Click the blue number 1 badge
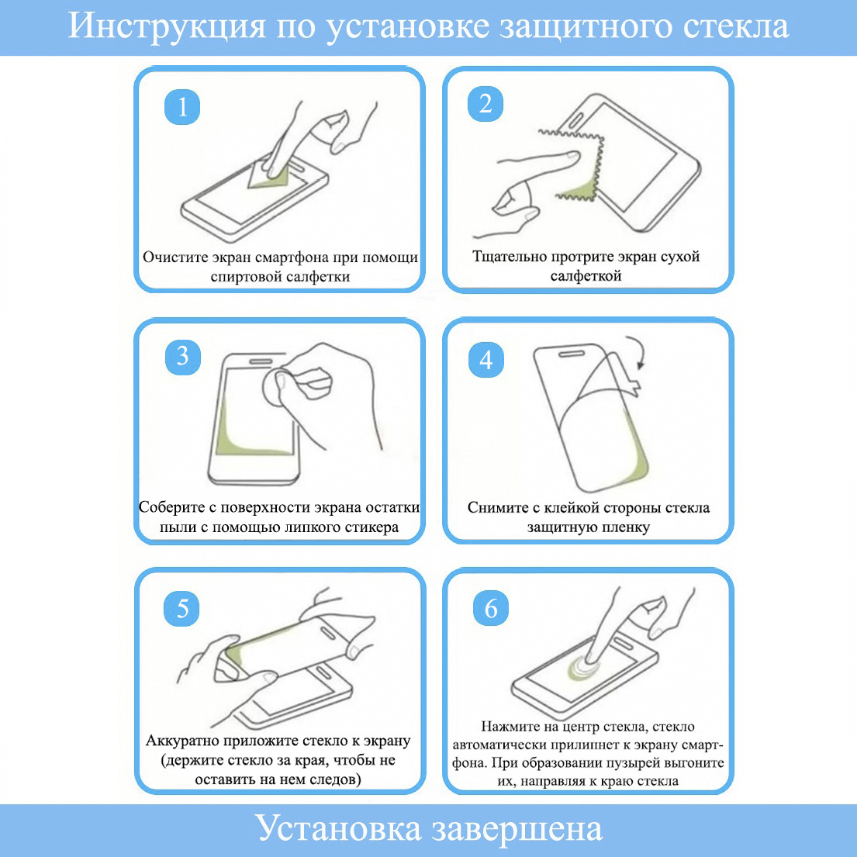click(x=182, y=107)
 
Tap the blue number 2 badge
click(x=486, y=104)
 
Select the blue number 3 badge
click(x=183, y=357)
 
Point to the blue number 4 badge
click(x=486, y=360)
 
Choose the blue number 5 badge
click(x=182, y=608)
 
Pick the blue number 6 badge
click(x=491, y=608)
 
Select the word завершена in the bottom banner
click(x=517, y=830)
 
